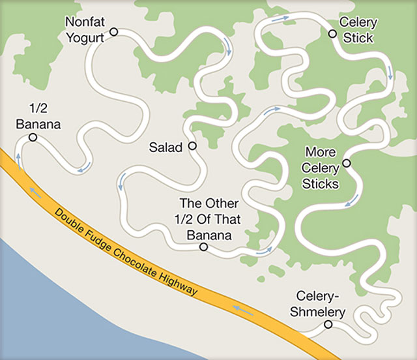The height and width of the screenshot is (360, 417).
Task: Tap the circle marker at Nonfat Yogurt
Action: click(113, 31)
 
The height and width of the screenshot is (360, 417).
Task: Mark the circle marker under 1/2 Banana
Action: click(33, 138)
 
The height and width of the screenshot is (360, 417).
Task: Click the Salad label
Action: click(165, 147)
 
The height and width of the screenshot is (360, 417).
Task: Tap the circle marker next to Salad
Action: click(192, 146)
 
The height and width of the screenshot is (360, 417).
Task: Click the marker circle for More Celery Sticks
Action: click(346, 163)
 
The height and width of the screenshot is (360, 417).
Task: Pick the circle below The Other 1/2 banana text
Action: click(203, 247)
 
